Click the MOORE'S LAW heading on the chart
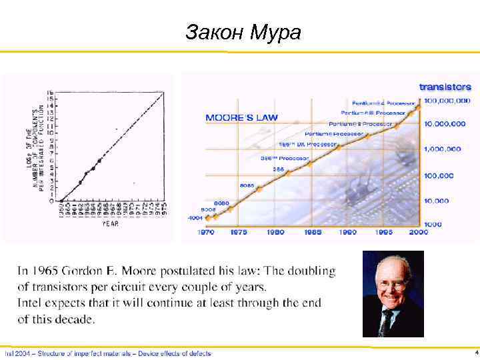click(x=241, y=118)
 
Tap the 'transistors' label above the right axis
click(x=445, y=87)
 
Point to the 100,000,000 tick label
click(x=447, y=100)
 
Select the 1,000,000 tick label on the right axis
click(x=443, y=149)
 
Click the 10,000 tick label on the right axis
click(x=437, y=200)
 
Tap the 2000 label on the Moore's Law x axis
click(x=419, y=232)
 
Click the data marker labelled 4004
click(x=208, y=218)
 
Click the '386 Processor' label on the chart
click(x=285, y=159)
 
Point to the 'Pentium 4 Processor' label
click(x=385, y=103)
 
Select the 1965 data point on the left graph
click(x=100, y=160)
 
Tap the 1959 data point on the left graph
click(x=61, y=201)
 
